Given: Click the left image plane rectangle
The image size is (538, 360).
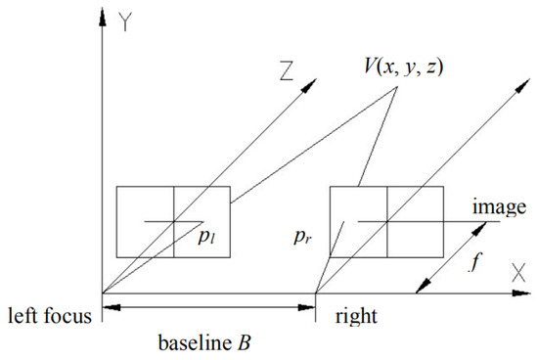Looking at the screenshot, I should coord(173,221).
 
